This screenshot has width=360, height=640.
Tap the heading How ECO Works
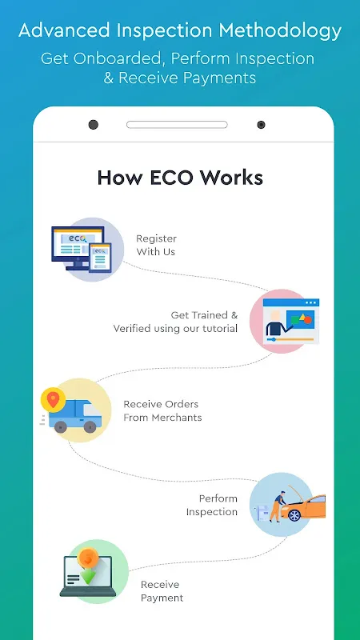pyautogui.click(x=180, y=178)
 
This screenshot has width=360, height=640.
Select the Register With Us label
pyautogui.click(x=156, y=245)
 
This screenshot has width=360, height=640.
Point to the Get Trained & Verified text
pyautogui.click(x=175, y=322)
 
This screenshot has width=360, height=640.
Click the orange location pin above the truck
pyautogui.click(x=53, y=398)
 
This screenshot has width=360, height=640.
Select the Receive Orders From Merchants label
pyautogui.click(x=162, y=410)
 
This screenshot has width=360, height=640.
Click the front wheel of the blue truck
pyautogui.click(x=90, y=427)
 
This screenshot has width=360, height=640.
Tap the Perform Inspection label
pyautogui.click(x=212, y=505)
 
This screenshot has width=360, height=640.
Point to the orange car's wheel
pyautogui.click(x=294, y=515)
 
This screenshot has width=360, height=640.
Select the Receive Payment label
pyautogui.click(x=162, y=591)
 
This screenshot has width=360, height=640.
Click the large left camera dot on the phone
pyautogui.click(x=94, y=125)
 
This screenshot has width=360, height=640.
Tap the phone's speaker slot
pyautogui.click(x=177, y=125)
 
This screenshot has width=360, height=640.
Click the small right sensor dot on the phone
pyautogui.click(x=261, y=125)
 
